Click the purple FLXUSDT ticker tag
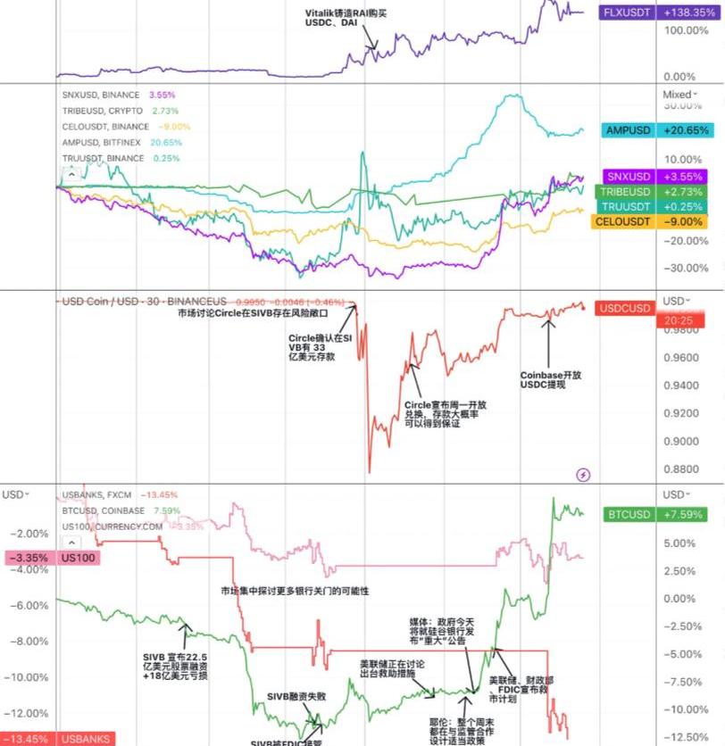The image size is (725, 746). coord(628,13)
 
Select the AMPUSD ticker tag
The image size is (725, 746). coord(628,130)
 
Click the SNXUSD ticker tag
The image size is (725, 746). coord(628,176)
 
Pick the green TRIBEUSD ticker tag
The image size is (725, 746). coord(625,192)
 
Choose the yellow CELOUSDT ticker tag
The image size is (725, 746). coord(624,221)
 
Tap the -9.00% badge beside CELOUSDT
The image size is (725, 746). coord(690,221)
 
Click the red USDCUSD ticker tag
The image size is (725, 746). coord(626,309)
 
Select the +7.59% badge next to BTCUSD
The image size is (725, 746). coord(690,515)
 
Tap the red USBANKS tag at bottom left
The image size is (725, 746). coord(86,739)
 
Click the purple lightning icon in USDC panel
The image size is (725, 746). coord(584,475)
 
